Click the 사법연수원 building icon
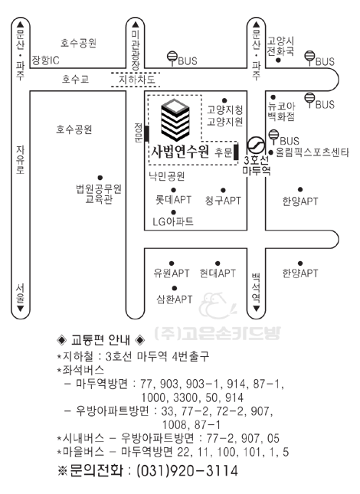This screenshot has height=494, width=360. coord(175,119)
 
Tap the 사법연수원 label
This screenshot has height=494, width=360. coord(180,152)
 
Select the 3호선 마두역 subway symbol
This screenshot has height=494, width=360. coord(256,146)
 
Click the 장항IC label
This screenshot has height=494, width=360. coord(45,60)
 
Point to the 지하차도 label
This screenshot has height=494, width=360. coord(136,79)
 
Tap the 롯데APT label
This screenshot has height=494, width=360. coord(173,199)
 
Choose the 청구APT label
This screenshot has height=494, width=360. coord(223,201)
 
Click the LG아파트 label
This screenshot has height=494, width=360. coord(173,221)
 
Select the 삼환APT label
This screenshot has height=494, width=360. coord(174,299)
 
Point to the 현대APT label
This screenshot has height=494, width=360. coord(218,273)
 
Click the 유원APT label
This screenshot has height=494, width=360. coord(172,273)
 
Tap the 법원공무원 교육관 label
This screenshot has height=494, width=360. coord(99,194)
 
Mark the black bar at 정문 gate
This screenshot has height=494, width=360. coord(147,133)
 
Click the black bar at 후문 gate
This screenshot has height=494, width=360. coord(236,152)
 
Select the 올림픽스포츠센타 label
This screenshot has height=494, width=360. coord(312,152)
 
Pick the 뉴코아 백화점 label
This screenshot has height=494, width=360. coord(281,111)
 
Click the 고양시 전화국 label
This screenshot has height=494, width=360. coord(280,46)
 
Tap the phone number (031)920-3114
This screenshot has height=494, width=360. coord(187,471)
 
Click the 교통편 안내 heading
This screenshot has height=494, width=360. coord(101,340)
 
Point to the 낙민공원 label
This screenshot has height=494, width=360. coord(167,176)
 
